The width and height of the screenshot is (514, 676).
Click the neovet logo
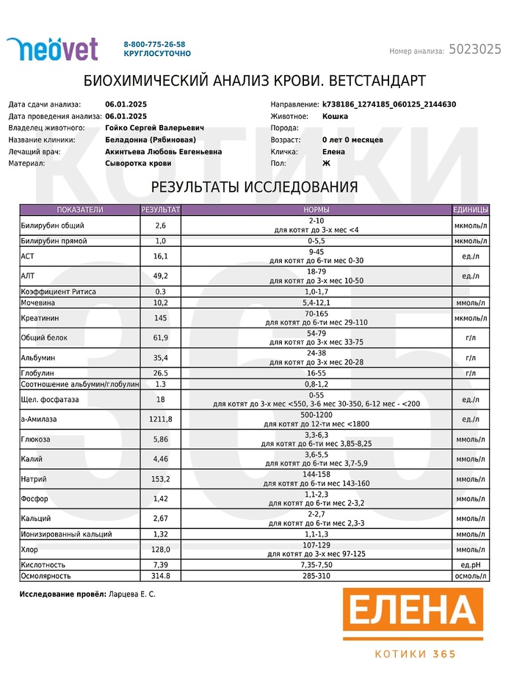coord(52,48)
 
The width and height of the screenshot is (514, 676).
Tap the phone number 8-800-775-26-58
coord(154,44)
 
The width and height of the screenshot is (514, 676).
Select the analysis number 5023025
coord(474,50)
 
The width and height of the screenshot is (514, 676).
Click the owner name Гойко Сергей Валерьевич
coord(154,128)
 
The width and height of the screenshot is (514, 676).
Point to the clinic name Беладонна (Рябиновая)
coord(150,140)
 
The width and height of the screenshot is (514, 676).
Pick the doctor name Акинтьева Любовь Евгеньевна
coord(163,151)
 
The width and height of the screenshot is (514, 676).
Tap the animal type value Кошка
coord(335,116)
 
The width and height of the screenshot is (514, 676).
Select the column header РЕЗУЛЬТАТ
coord(161,210)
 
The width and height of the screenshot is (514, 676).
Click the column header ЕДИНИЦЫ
coord(471,210)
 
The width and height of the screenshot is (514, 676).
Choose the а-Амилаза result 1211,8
coord(161,419)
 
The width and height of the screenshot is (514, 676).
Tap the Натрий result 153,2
coord(161,478)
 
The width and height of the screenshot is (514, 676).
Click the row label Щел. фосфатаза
coord(49,399)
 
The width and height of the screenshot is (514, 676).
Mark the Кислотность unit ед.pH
coord(471,564)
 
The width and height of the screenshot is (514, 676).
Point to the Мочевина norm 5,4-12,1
coord(316,303)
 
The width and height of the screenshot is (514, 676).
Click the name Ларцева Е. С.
coord(132,594)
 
